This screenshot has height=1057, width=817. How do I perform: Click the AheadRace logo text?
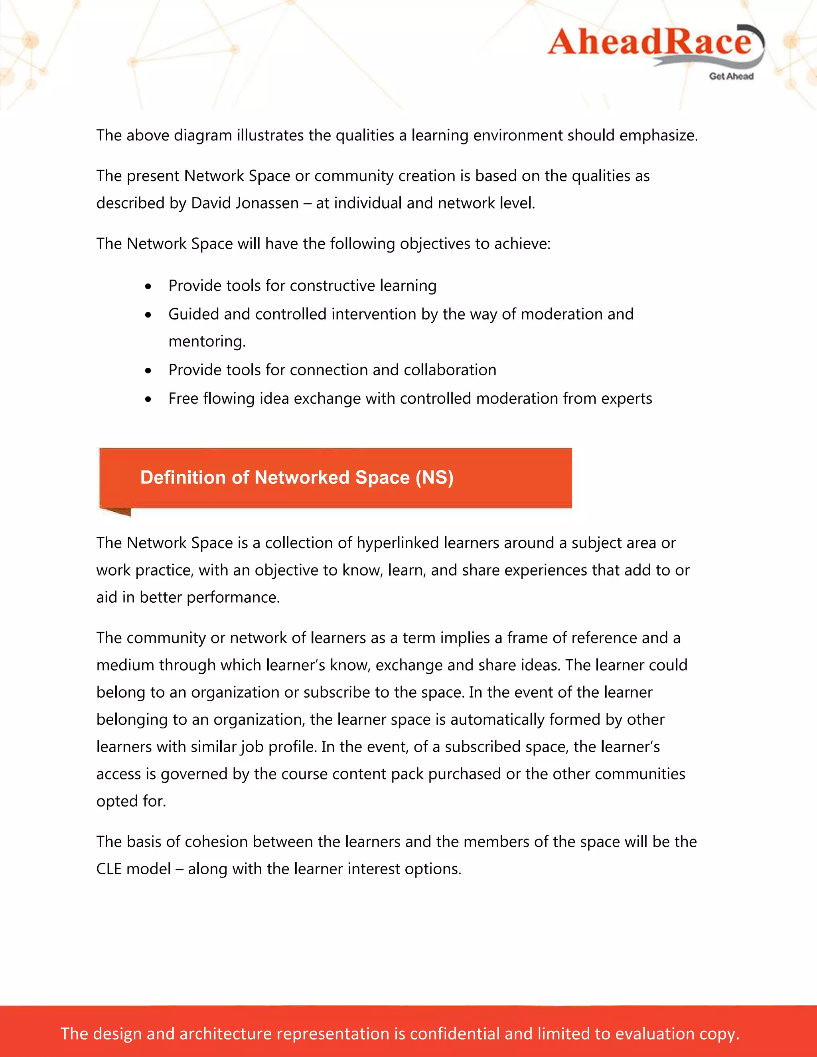(x=649, y=42)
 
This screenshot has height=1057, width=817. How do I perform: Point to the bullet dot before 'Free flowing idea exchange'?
(x=148, y=400)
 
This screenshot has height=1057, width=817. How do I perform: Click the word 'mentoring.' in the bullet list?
(x=207, y=342)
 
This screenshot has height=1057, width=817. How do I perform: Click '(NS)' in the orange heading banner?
(x=434, y=478)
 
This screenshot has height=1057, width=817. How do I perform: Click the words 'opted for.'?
(x=131, y=801)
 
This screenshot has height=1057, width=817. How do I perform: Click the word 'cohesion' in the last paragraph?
(x=216, y=842)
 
